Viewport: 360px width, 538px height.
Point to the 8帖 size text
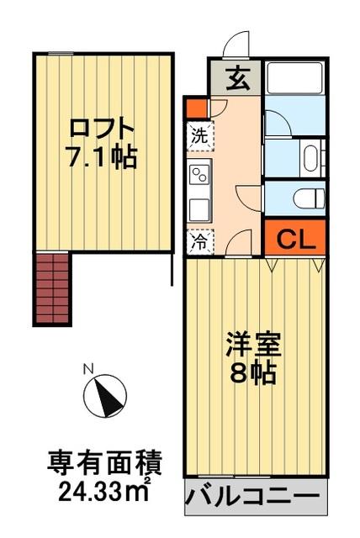pos(252,372)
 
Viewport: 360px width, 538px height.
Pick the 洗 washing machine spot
pos(199,134)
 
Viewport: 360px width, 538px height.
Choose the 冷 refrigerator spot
pos(199,240)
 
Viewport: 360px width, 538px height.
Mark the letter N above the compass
pos(87,368)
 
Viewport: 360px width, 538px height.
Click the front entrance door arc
pos(240,42)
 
